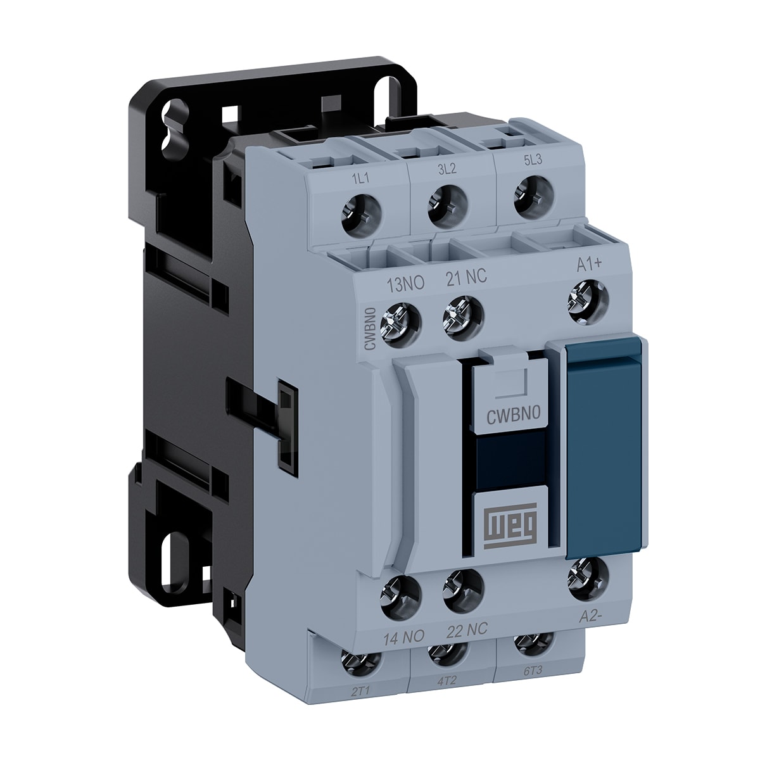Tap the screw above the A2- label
tap(588, 576)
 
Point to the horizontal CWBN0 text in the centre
tap(512, 416)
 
